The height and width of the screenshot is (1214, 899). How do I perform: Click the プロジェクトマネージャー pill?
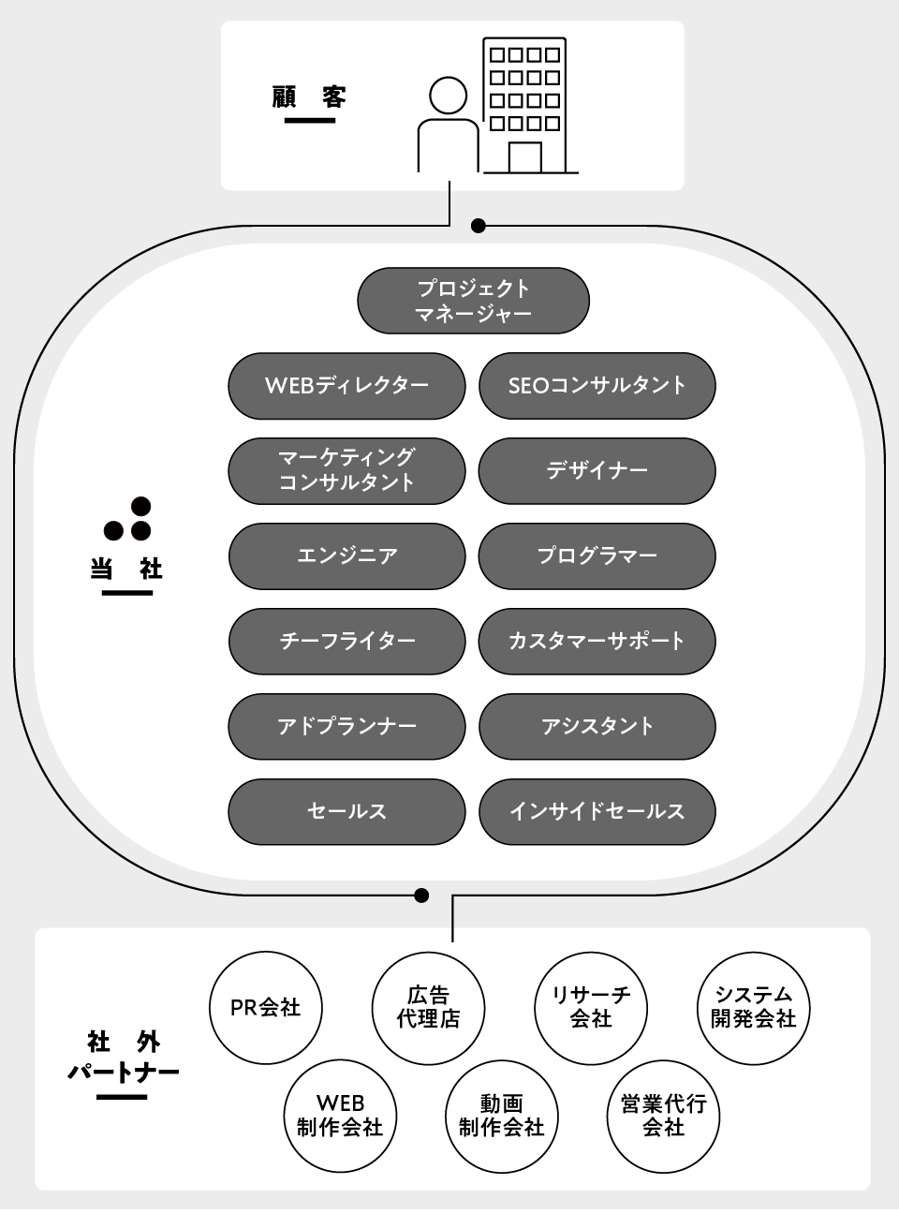473,301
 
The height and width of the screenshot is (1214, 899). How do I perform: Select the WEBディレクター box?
346,385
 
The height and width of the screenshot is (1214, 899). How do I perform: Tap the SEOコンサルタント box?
597,385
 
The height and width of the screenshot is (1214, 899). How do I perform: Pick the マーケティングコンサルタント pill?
346,470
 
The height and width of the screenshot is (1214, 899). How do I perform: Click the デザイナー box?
597,470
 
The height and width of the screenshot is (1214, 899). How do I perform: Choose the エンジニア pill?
346,555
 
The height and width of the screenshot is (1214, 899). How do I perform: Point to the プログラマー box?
597,555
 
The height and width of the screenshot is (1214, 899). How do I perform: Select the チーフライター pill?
346,641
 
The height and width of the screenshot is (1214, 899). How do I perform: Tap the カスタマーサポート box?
597,641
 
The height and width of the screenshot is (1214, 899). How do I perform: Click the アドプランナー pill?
346,726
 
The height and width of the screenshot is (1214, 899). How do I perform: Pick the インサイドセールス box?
597,811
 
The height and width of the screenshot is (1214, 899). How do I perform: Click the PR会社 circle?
266,1008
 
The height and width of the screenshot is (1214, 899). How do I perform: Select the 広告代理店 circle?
429,1008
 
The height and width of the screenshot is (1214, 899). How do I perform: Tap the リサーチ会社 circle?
591,1008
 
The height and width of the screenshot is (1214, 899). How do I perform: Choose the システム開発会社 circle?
754,1008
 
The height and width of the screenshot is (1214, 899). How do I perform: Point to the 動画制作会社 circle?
501,1116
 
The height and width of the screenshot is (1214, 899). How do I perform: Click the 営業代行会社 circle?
663,1116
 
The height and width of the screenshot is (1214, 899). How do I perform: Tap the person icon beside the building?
448,126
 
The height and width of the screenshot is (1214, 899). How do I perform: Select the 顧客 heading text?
309,97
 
